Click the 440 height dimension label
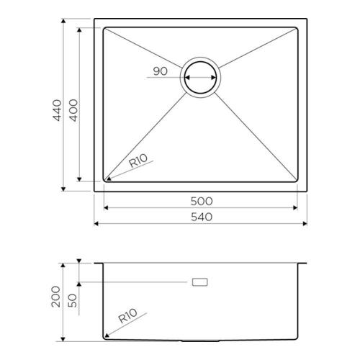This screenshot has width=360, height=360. [x=57, y=110]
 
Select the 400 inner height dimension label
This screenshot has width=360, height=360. [x=73, y=110]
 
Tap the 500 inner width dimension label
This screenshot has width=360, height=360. [x=202, y=201]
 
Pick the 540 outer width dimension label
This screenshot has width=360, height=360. [x=202, y=217]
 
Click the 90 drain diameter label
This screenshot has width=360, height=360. [x=161, y=71]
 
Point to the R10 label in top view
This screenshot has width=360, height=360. [x=138, y=161]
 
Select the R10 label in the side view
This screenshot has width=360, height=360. [x=127, y=315]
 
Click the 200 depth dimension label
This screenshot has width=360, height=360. [x=56, y=297]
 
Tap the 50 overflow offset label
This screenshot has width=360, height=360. [x=73, y=300]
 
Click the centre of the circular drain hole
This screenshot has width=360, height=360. [x=200, y=78]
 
